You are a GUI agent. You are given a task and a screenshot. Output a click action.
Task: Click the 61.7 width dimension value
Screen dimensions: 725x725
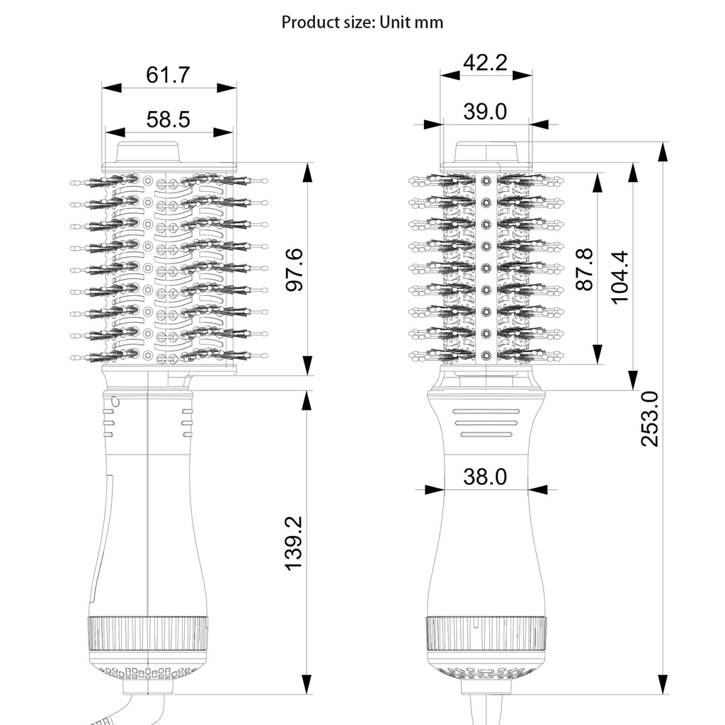pos(168,75)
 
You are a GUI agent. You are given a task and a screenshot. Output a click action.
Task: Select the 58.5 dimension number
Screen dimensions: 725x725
pos(168,119)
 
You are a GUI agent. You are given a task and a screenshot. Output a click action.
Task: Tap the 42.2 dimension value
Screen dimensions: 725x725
pos(485,63)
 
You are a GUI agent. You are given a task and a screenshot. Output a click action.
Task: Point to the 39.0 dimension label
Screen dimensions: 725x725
pos(485,111)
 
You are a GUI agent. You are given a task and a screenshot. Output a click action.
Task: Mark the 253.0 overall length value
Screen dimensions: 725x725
pos(649,418)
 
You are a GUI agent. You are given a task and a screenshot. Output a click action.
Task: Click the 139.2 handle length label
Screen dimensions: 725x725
pos(293,544)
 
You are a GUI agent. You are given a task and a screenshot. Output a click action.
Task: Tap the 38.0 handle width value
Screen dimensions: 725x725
pos(485,477)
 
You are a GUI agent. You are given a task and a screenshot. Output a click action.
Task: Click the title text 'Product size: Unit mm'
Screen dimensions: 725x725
pos(362,22)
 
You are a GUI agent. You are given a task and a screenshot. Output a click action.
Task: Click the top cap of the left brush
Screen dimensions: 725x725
pos(147,153)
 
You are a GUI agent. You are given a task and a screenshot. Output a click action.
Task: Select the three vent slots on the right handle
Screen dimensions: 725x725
pos(486,423)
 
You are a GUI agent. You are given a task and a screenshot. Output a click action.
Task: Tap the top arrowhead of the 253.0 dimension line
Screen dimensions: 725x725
pos(663,150)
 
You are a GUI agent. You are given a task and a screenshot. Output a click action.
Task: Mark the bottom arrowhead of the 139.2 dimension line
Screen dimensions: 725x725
pos(307,685)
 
